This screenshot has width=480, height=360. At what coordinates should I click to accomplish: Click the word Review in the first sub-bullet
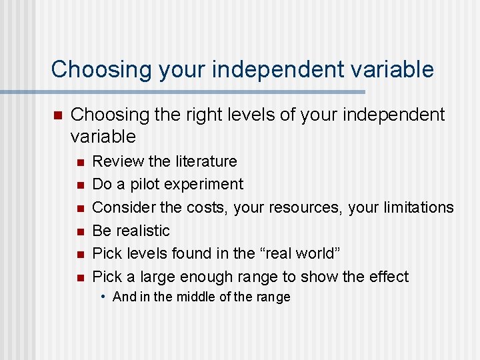point(112,161)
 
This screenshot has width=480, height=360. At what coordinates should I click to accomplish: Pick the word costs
point(208,207)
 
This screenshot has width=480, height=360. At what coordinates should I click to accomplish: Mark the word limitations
point(419,207)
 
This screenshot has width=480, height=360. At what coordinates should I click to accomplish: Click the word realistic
point(142,231)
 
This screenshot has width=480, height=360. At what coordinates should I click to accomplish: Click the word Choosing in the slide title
point(95,69)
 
